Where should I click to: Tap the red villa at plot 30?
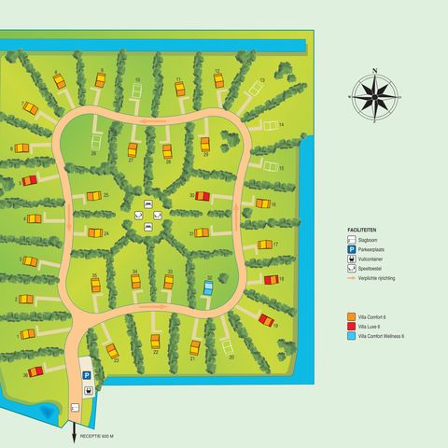point(203,197)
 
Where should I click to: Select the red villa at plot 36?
point(36,371)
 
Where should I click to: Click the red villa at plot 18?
point(271,279)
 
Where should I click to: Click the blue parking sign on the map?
point(87,374)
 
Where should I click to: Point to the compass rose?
point(373,94)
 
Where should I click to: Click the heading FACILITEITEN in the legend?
point(364,228)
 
